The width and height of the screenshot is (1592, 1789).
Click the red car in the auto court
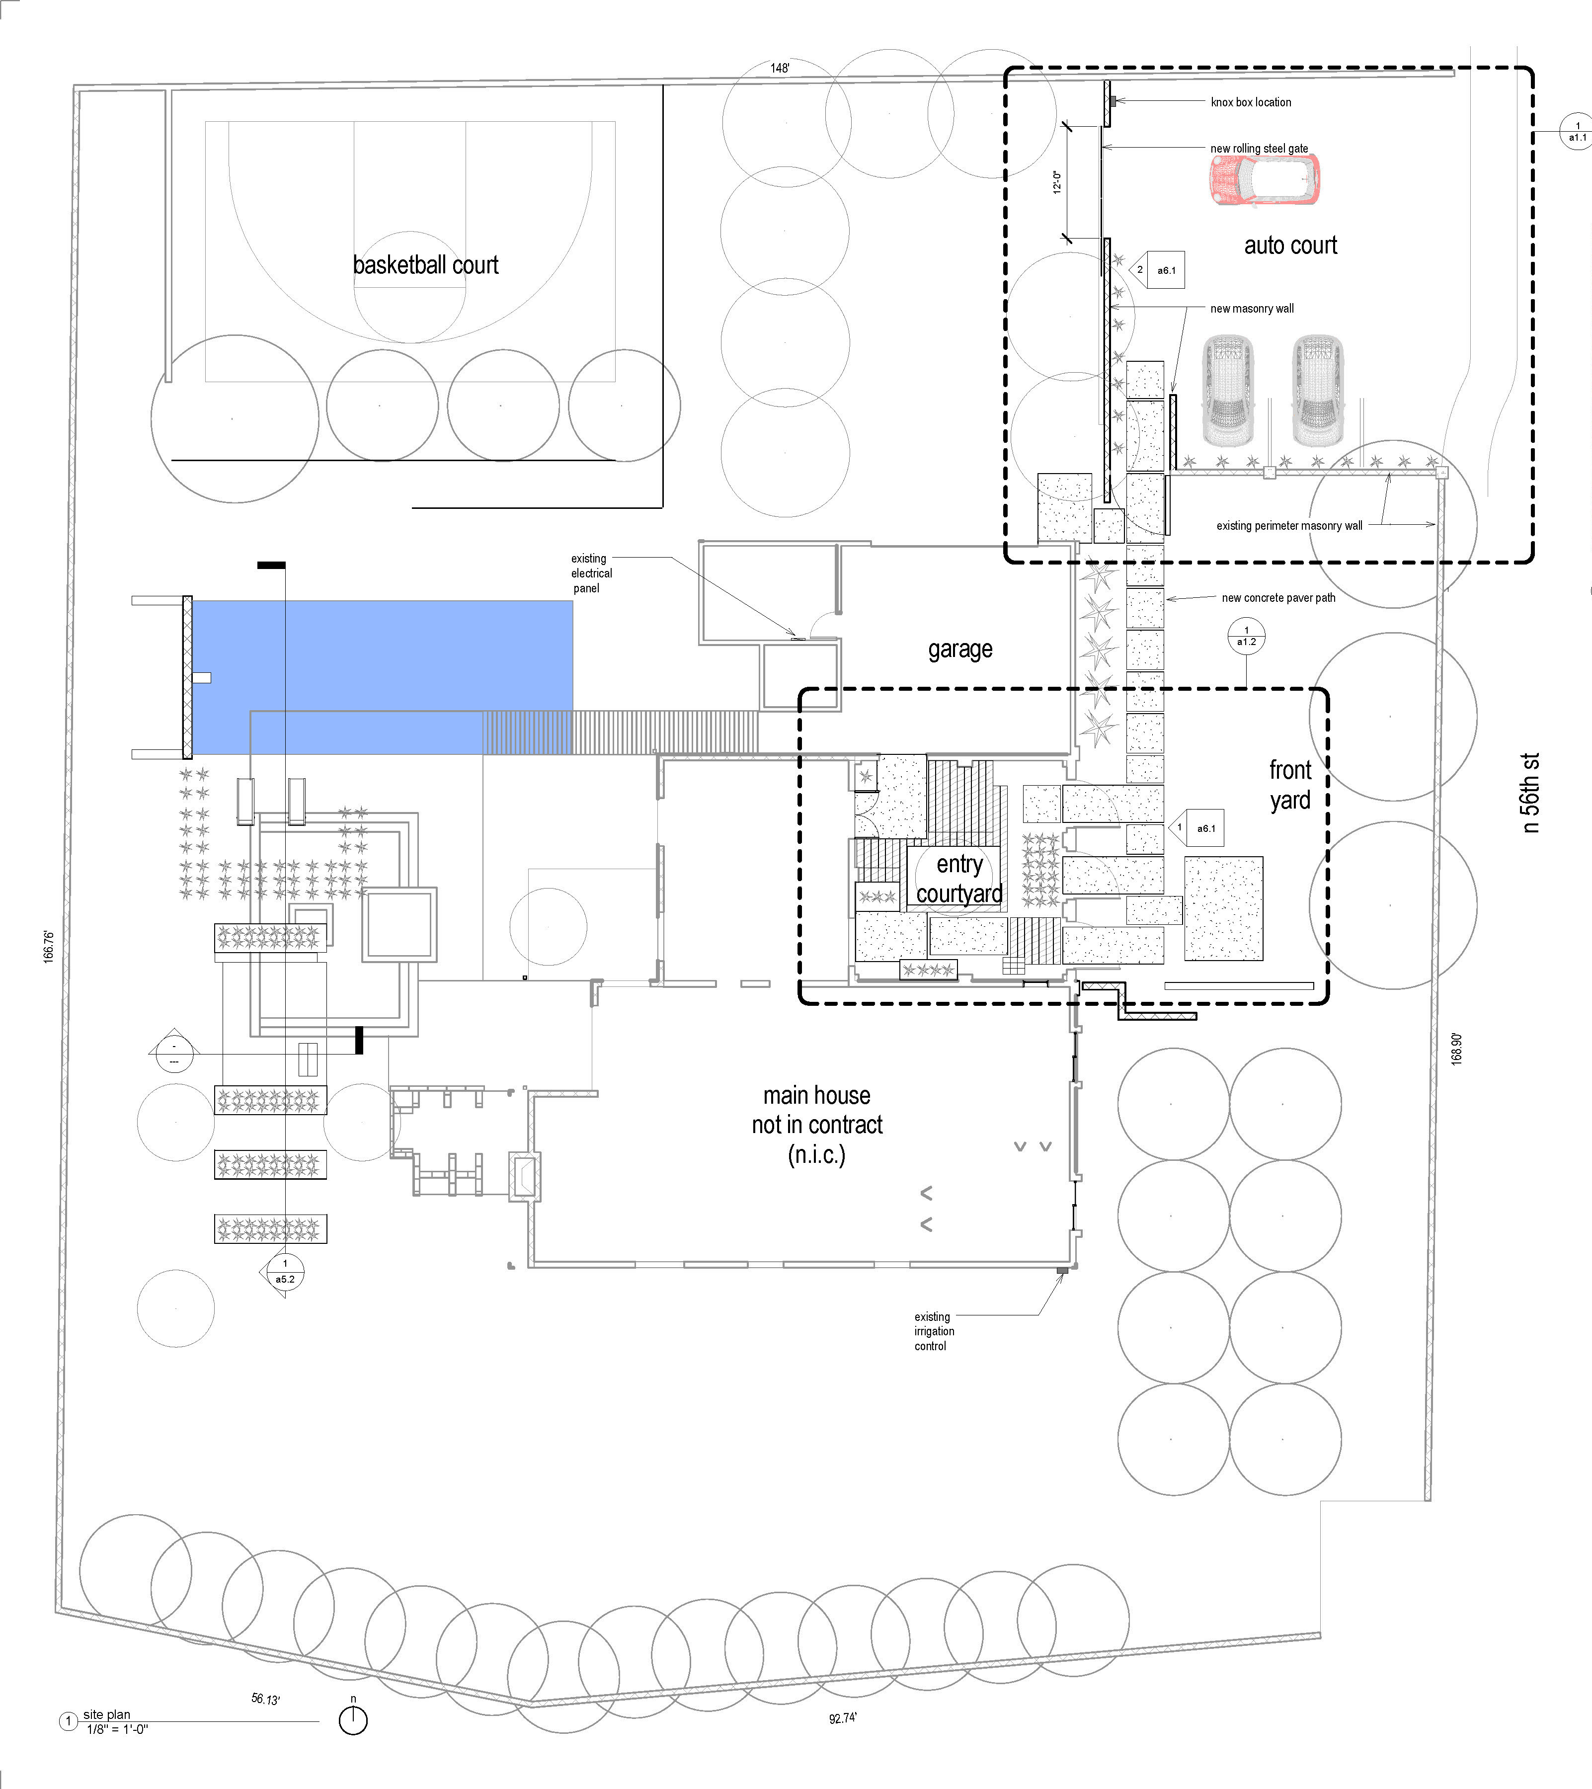point(1265,179)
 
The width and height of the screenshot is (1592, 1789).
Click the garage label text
point(960,649)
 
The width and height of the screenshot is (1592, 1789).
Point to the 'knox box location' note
point(1251,102)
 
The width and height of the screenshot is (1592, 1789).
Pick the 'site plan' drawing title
point(107,1714)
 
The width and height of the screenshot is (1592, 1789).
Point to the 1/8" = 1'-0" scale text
point(117,1729)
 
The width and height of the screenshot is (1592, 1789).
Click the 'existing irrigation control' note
point(934,1331)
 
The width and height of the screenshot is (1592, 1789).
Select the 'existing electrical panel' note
point(592,573)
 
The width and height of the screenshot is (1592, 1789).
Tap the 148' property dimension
point(780,68)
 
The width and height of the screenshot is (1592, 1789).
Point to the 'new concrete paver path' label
point(1278,598)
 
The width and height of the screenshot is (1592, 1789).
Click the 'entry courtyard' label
point(959,879)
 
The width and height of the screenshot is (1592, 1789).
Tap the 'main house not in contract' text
point(816,1125)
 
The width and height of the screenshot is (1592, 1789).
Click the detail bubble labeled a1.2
point(1246,636)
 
